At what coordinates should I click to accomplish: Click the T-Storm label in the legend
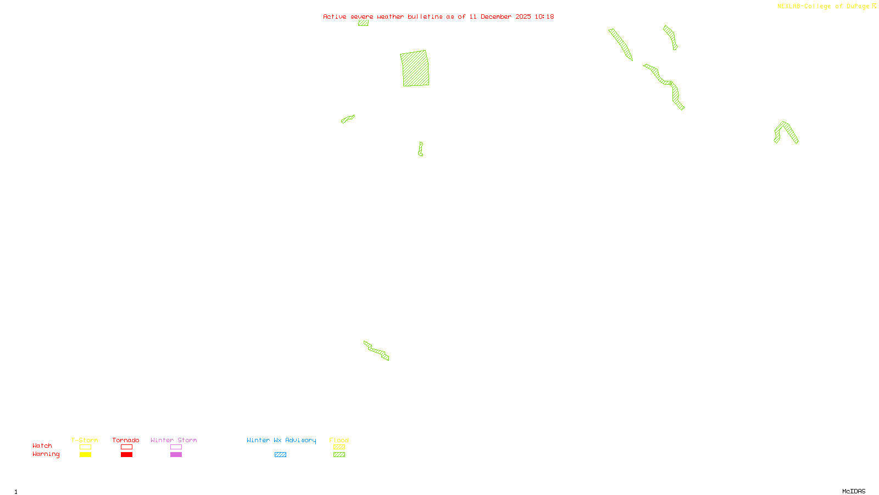[85, 440]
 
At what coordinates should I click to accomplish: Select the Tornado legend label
[126, 440]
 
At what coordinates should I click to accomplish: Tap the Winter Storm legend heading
[174, 440]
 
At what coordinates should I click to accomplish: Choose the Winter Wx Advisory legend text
[281, 440]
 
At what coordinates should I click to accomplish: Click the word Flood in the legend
[339, 440]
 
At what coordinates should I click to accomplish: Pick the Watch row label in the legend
[42, 446]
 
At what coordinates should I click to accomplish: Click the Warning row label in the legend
[46, 454]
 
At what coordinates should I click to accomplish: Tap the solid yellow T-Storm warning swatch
[85, 455]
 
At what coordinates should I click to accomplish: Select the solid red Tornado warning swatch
[127, 455]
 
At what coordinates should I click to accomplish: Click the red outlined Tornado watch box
[127, 447]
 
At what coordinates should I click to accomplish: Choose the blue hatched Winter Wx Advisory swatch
[280, 455]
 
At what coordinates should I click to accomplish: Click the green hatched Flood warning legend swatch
[340, 455]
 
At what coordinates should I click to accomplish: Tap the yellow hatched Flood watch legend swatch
[340, 447]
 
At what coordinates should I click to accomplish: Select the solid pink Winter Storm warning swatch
[176, 455]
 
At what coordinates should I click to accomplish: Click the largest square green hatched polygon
[415, 69]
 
